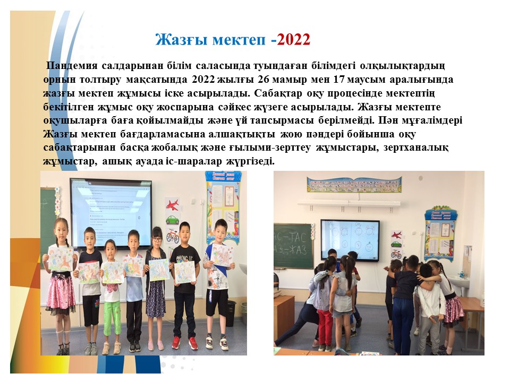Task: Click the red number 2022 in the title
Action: pos(294,40)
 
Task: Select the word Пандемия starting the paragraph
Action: pos(72,66)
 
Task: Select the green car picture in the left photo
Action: pos(172,220)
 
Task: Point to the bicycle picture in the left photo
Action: pos(172,236)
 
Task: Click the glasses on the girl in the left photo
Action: pos(157,240)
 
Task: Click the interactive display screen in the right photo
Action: pos(350,240)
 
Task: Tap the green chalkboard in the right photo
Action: pos(293,246)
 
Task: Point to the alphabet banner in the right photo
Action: pos(354,185)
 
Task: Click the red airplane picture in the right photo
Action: pos(396,235)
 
